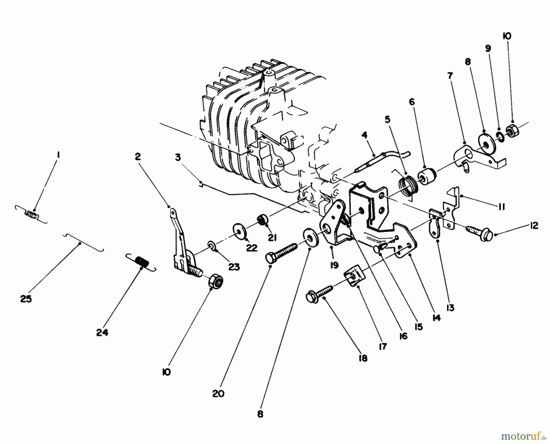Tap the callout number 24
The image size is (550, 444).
coord(102,332)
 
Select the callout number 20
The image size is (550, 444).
coord(218,393)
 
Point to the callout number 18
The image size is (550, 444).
coord(363,358)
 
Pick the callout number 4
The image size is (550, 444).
coord(365,135)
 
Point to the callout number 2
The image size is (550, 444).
coord(138,157)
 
